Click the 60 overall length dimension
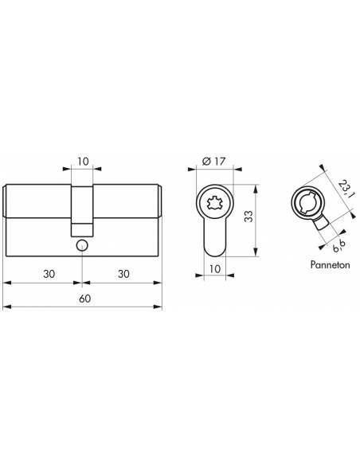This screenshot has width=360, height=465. point(84,299)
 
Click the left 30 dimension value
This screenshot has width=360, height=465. point(49,274)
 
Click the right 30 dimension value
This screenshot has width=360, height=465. point(123,274)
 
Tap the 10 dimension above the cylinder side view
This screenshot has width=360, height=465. point(84,162)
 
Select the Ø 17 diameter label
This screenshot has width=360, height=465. point(213,162)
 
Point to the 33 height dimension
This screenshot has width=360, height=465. point(248,217)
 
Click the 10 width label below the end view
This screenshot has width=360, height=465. point(215,269)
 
